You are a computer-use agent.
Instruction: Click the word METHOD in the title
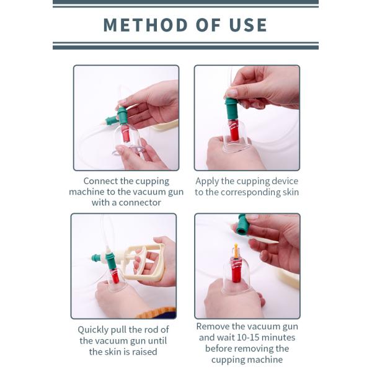146,25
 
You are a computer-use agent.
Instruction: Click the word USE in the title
248,25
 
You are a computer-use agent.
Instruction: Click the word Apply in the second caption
207,182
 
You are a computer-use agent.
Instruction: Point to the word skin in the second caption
291,192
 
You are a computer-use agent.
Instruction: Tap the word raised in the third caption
144,352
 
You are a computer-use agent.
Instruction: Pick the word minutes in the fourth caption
278,337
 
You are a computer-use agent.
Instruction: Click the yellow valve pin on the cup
236,251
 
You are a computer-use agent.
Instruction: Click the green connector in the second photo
231,108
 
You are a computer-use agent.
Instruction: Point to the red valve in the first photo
126,133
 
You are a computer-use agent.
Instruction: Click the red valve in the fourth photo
236,270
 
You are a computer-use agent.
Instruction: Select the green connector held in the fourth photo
242,224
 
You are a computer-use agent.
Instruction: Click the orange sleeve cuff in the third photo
157,313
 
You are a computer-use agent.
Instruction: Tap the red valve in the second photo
234,130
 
